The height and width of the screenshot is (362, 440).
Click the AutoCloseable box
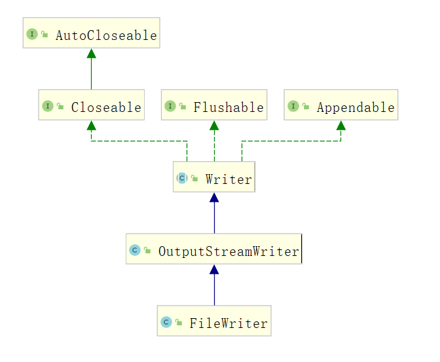click(91, 34)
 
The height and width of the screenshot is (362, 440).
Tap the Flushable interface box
click(214, 106)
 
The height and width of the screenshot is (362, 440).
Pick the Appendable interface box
click(340, 106)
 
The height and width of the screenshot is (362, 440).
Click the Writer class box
click(214, 178)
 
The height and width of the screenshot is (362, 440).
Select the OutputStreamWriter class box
click(214, 250)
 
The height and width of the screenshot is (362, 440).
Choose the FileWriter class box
click(214, 322)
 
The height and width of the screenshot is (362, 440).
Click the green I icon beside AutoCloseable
click(32, 35)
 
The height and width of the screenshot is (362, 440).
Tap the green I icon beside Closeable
click(48, 106)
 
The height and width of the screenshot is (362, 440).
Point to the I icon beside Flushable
click(170, 106)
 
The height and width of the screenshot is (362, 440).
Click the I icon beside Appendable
click(293, 106)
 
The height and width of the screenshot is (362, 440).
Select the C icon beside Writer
click(182, 178)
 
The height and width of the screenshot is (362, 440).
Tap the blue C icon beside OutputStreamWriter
click(135, 250)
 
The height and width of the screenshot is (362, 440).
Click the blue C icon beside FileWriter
click(166, 322)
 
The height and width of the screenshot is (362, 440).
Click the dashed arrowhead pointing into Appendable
click(340, 126)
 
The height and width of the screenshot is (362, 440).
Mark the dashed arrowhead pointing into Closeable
click(91, 126)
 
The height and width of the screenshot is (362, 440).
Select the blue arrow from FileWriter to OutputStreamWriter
click(214, 288)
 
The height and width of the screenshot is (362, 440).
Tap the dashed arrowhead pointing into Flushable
click(214, 126)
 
